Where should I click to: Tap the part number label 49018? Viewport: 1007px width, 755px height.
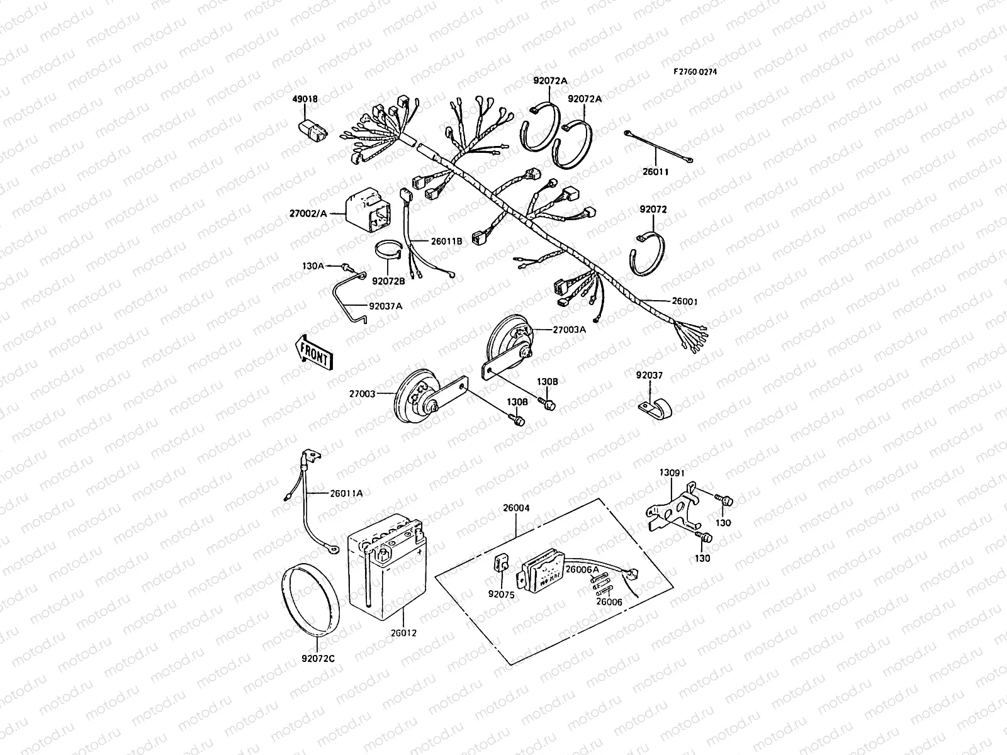[305, 99]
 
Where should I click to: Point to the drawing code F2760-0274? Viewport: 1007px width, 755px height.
[695, 72]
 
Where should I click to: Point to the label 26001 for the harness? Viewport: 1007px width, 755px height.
[685, 302]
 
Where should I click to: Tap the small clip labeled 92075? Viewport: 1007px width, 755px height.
[501, 562]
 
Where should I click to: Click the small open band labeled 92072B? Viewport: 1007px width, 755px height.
[388, 251]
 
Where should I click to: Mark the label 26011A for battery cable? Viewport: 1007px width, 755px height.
[346, 493]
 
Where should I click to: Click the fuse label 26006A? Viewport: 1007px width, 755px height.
[582, 569]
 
